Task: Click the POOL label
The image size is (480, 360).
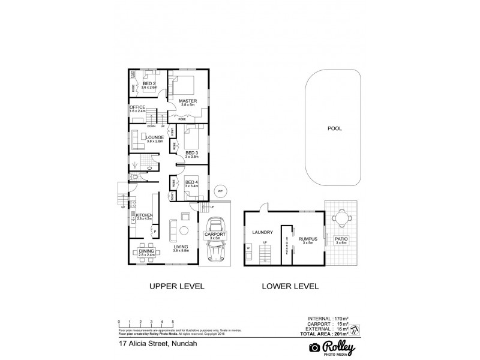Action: pos(334,128)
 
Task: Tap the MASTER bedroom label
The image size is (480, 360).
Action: pos(188,102)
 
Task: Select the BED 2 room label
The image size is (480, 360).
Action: pos(149,84)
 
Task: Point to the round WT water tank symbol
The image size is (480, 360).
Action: pos(220,191)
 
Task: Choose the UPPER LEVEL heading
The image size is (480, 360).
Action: pos(176,287)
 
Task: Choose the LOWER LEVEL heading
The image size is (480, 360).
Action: pos(290,287)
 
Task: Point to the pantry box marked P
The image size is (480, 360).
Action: pos(155,232)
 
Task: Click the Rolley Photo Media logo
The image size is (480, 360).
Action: pos(332,347)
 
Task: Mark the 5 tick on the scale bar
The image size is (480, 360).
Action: pos(173,322)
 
